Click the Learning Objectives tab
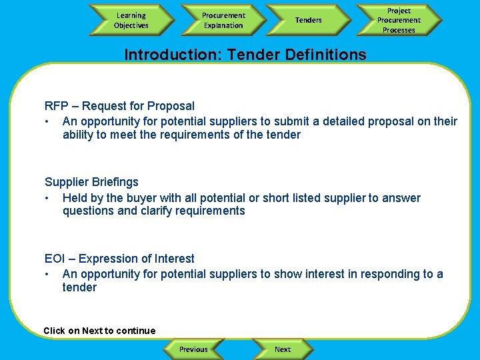pos(131,20)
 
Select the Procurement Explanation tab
pos(223,20)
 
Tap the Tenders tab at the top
pos(308,20)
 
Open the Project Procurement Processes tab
pos(399,20)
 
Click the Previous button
pos(193,349)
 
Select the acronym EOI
pos(54,259)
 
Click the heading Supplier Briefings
pos(91,182)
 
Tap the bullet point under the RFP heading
pos(48,121)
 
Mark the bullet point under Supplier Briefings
pos(48,198)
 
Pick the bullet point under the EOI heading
pos(48,274)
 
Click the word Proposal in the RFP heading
pos(171,106)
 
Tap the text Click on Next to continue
pos(99,331)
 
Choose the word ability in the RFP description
pos(77,135)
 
